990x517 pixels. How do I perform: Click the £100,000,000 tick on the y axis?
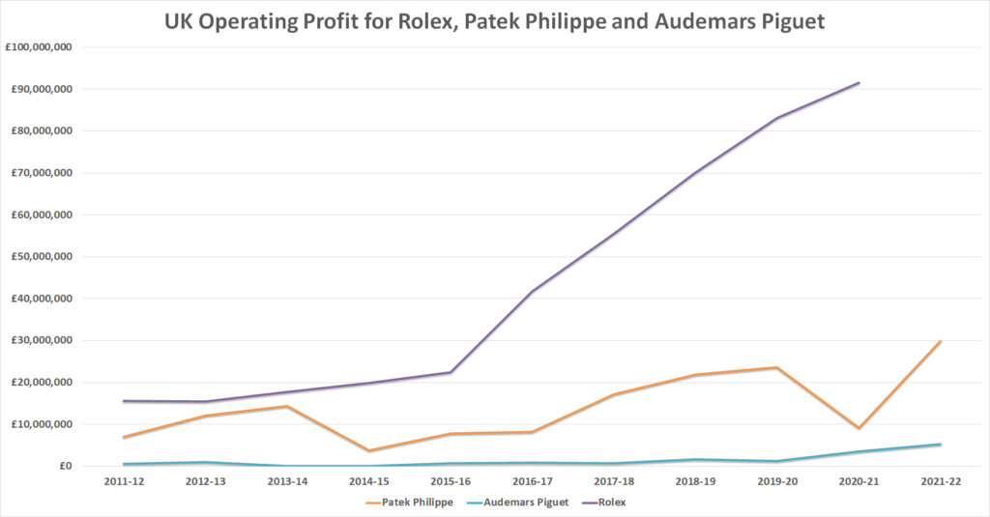pos(45,47)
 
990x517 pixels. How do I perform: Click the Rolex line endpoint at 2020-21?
pos(859,83)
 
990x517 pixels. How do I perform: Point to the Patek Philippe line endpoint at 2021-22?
pos(940,341)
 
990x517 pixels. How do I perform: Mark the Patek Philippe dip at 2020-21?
pos(859,428)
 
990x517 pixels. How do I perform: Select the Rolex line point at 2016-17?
pos(532,291)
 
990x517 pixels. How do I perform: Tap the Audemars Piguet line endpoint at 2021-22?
pos(940,445)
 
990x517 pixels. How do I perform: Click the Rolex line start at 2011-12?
pos(124,401)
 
